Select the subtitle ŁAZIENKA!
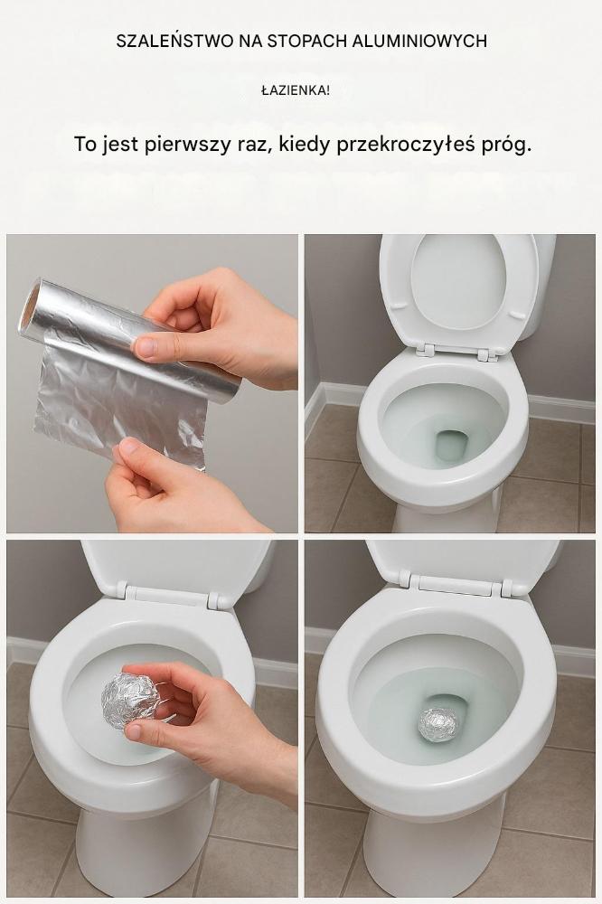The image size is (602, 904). [296, 90]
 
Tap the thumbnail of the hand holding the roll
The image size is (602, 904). [146, 348]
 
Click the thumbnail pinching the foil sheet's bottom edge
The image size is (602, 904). [129, 445]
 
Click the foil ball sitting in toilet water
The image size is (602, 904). [437, 724]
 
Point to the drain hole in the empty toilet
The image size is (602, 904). [453, 445]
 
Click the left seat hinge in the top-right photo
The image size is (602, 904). [427, 350]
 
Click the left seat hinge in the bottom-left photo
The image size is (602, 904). [122, 589]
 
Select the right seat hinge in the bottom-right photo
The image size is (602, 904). [506, 589]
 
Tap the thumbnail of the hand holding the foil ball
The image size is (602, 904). [134, 731]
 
